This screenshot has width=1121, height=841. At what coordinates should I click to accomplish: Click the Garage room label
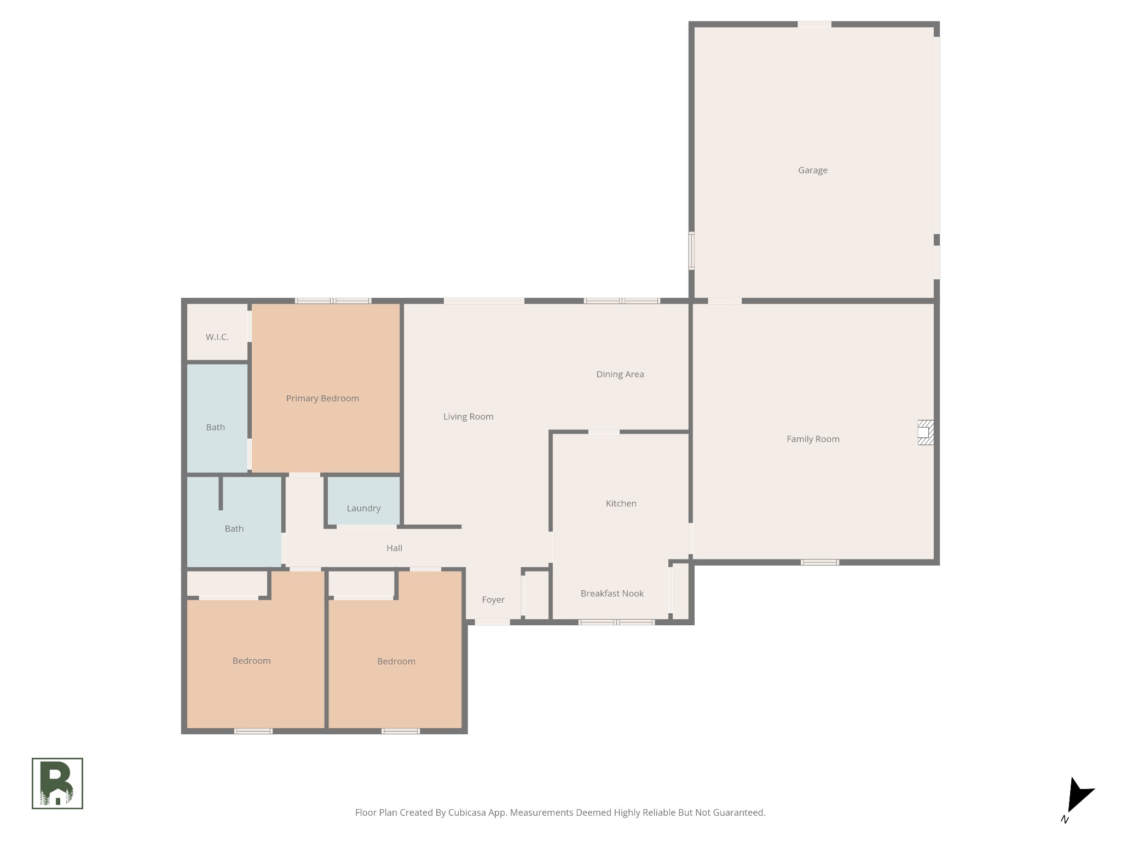[x=812, y=170]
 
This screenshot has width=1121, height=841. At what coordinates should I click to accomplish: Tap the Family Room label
[x=813, y=439]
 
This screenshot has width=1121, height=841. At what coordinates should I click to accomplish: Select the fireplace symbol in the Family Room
[x=925, y=432]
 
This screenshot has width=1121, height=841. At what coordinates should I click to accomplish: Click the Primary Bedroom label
[x=322, y=399]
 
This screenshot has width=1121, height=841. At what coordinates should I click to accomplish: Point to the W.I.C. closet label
[x=217, y=337]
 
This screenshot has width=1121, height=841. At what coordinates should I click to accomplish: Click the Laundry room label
[x=363, y=508]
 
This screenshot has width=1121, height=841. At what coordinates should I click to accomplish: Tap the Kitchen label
[x=621, y=504]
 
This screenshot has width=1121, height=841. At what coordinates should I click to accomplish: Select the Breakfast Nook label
[x=612, y=594]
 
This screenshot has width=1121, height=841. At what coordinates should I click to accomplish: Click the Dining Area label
[x=620, y=375]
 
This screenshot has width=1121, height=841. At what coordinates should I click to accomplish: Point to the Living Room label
[x=468, y=417]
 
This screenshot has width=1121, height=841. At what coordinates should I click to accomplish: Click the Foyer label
[x=493, y=600]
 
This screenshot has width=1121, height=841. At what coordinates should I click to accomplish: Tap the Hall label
[x=394, y=548]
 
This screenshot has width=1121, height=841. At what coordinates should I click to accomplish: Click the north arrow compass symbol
[x=1077, y=797]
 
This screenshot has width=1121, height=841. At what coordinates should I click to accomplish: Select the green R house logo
[x=57, y=783]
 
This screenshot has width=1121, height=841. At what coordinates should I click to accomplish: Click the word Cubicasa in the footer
[x=469, y=813]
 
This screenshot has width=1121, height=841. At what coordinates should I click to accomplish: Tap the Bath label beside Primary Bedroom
[x=215, y=428]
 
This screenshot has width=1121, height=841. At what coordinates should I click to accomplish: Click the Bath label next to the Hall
[x=234, y=529]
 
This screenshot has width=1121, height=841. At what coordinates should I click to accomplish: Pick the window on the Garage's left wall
[x=691, y=251]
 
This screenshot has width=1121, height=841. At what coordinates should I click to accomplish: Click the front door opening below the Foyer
[x=492, y=622]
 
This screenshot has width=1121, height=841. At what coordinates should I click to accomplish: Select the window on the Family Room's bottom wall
[x=819, y=562]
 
